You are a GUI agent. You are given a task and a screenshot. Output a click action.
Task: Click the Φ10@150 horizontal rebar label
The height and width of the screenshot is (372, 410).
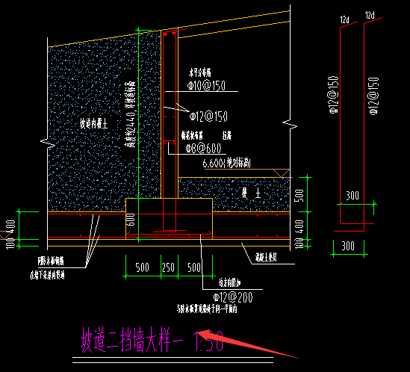(206, 87)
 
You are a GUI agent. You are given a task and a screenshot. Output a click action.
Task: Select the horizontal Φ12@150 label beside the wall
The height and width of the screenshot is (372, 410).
(208, 116)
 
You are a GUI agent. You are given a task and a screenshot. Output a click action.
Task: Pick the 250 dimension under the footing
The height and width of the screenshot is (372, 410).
(169, 267)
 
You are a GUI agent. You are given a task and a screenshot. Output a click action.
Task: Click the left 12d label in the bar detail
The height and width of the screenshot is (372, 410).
(344, 16)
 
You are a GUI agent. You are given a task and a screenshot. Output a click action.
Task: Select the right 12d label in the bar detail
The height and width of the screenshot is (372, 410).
(369, 16)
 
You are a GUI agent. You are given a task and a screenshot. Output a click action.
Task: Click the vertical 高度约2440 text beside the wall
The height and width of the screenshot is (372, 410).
(130, 112)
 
